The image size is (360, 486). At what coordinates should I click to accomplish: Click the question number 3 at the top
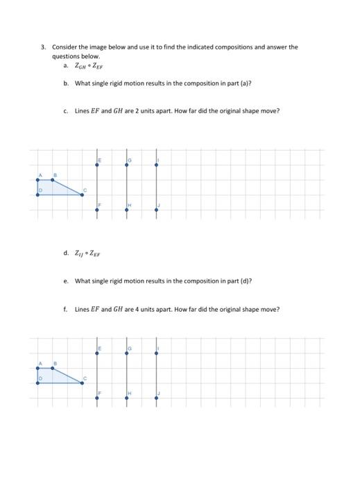[42, 48]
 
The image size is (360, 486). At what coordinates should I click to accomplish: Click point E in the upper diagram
[96, 165]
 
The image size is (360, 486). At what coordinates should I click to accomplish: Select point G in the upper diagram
[126, 165]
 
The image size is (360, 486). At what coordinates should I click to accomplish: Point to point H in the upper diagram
[126, 209]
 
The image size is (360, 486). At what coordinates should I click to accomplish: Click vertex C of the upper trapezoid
[82, 194]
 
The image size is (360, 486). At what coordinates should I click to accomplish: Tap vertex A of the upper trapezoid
[37, 180]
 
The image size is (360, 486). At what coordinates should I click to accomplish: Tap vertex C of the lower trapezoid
[82, 383]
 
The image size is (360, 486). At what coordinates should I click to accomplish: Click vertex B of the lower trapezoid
[53, 368]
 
